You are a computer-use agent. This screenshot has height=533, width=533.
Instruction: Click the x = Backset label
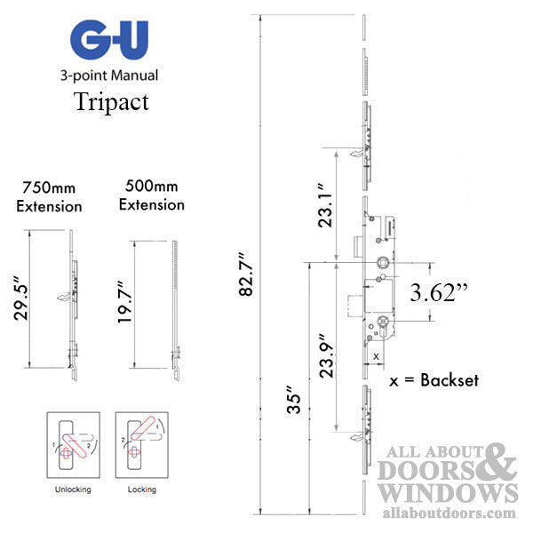(434, 380)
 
